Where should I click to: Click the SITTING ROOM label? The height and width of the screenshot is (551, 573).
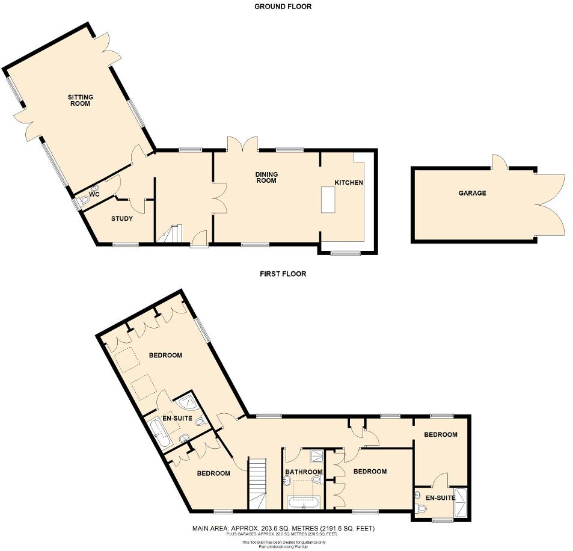pos(79,100)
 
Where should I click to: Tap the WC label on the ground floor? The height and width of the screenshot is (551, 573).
pos(94,194)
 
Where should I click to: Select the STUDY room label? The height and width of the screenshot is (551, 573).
pos(122,218)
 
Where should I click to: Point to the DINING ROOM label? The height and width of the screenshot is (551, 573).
pos(266,177)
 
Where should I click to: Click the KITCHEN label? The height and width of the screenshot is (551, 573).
pos(349,182)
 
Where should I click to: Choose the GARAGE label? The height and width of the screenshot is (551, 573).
pos(472,193)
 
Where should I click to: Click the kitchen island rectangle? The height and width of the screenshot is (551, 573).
pos(328,200)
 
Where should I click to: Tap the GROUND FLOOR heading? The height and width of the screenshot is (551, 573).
pos(283,7)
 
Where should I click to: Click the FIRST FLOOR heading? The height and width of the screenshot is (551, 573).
pos(283,274)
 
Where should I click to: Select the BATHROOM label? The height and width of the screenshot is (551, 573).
pos(304,472)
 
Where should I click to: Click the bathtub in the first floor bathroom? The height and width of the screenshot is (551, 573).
pos(304,503)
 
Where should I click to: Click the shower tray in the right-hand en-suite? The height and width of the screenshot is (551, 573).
pos(462,502)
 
